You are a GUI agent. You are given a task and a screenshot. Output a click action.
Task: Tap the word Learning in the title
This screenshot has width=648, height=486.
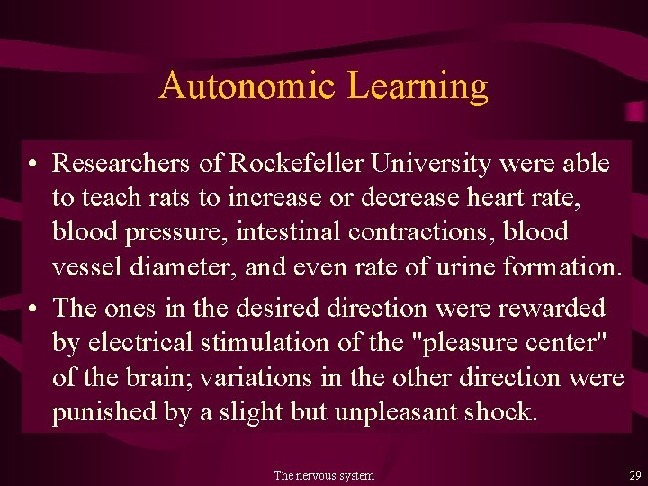point(418,87)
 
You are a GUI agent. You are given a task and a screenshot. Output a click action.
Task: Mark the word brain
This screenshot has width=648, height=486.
point(173,377)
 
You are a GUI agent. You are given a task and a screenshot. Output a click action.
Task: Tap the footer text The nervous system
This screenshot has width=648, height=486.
point(324,475)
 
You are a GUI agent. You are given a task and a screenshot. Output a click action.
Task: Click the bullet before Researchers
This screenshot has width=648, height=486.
point(31,165)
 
